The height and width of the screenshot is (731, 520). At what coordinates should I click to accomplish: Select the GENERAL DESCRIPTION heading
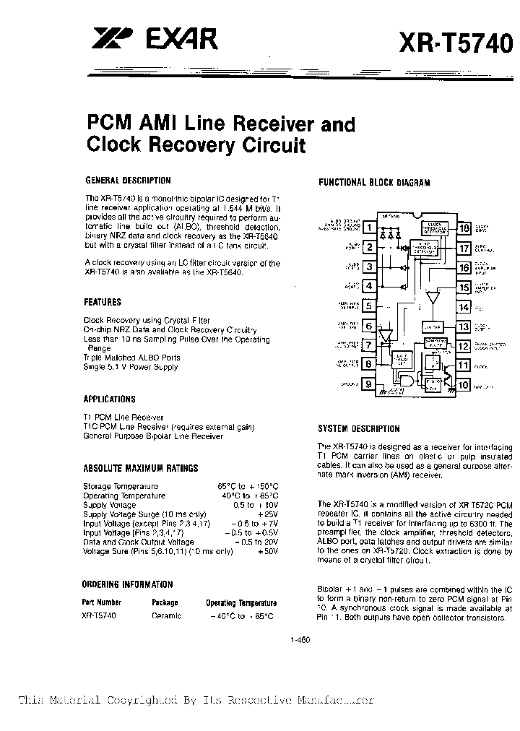[128, 181]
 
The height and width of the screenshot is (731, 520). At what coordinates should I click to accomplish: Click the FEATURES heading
[103, 302]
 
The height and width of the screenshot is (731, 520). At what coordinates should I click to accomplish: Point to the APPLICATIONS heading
[109, 399]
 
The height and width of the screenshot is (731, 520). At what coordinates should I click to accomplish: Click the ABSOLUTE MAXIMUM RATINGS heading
[140, 468]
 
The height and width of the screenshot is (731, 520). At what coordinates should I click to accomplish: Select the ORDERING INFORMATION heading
[128, 584]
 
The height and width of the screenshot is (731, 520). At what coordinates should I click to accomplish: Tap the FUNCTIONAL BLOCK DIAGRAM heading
[374, 183]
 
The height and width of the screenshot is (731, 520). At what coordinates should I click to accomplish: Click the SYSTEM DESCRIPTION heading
[359, 428]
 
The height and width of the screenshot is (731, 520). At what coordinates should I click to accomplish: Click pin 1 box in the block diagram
[369, 229]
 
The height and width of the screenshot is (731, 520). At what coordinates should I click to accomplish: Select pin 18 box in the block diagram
[463, 229]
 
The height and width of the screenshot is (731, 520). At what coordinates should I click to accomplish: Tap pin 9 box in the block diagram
[369, 385]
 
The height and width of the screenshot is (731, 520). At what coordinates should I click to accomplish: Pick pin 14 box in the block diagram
[463, 307]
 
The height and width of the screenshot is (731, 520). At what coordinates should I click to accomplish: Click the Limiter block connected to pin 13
[433, 327]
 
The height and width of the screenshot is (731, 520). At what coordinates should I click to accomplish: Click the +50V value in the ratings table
[268, 551]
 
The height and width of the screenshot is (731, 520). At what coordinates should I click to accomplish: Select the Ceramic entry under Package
[167, 615]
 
